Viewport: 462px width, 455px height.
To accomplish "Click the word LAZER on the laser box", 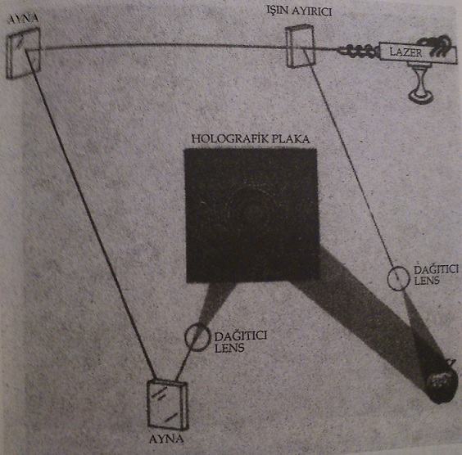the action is pyautogui.click(x=405, y=52).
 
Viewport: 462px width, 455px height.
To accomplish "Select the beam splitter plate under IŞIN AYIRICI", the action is pyautogui.click(x=300, y=47).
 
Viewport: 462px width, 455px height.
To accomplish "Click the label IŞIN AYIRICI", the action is pyautogui.click(x=299, y=11).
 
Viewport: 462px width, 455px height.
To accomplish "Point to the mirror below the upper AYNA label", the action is pyautogui.click(x=23, y=53).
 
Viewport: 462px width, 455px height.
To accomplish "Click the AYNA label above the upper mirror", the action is pyautogui.click(x=23, y=19).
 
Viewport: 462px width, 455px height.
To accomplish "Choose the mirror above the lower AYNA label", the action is pyautogui.click(x=167, y=405).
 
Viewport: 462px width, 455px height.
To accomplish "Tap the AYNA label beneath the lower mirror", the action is pyautogui.click(x=166, y=439).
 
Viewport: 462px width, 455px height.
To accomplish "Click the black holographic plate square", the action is pyautogui.click(x=252, y=215).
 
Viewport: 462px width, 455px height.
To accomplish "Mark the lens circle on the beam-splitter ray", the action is pyautogui.click(x=398, y=278).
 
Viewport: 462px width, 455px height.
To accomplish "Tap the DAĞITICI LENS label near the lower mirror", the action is pyautogui.click(x=241, y=342).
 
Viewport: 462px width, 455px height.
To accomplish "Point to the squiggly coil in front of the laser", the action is pyautogui.click(x=357, y=51).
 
